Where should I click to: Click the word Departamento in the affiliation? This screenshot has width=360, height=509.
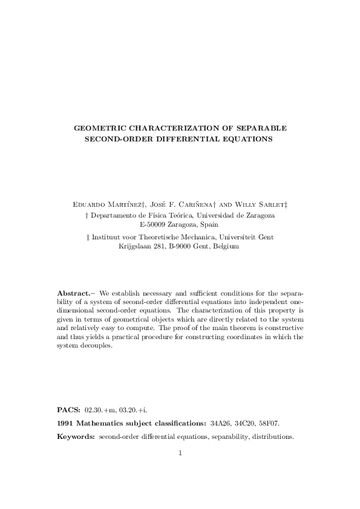[x=113, y=215]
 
